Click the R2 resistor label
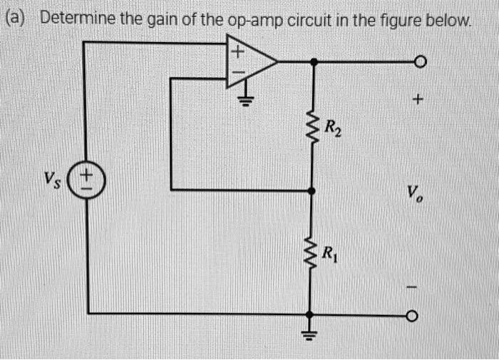click(x=332, y=129)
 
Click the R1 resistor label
click(x=330, y=253)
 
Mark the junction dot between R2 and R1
click(x=312, y=190)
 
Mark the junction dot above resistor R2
click(x=312, y=63)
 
